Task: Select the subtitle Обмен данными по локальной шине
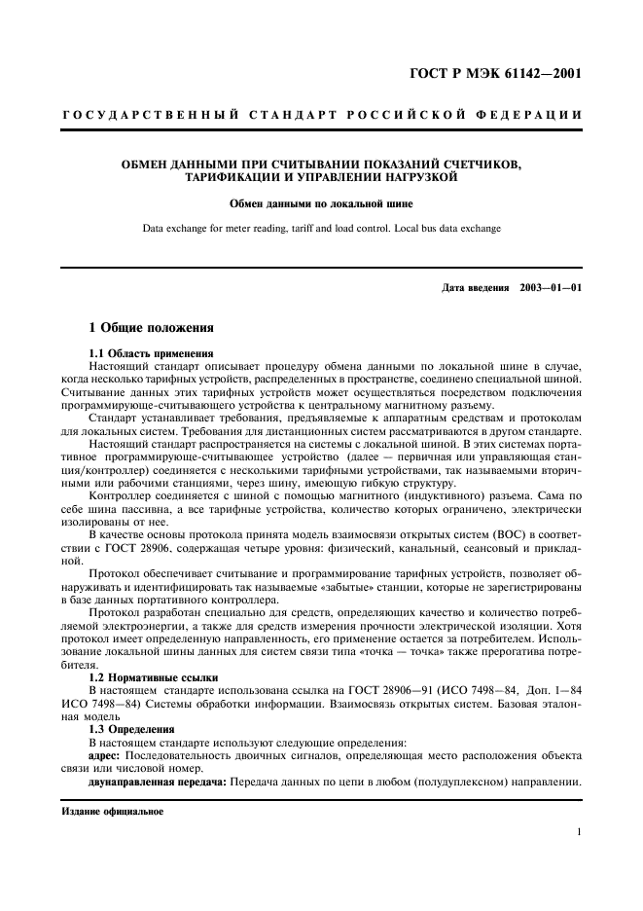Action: [321, 205]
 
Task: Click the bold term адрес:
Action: [104, 753]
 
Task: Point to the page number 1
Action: [579, 832]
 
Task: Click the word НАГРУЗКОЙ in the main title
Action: [410, 178]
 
